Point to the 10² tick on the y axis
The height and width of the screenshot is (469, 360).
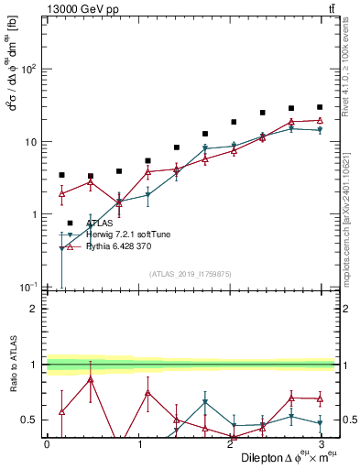coord(27,70)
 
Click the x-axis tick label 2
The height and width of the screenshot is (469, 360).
coord(229,444)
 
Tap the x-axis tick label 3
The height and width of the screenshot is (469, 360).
coord(320,444)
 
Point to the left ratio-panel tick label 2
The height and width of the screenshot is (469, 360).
coord(34,309)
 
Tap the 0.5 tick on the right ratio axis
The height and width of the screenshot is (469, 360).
coord(349,420)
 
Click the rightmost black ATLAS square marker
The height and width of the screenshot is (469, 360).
coord(320,107)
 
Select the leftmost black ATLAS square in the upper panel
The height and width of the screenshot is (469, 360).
coord(61,175)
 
